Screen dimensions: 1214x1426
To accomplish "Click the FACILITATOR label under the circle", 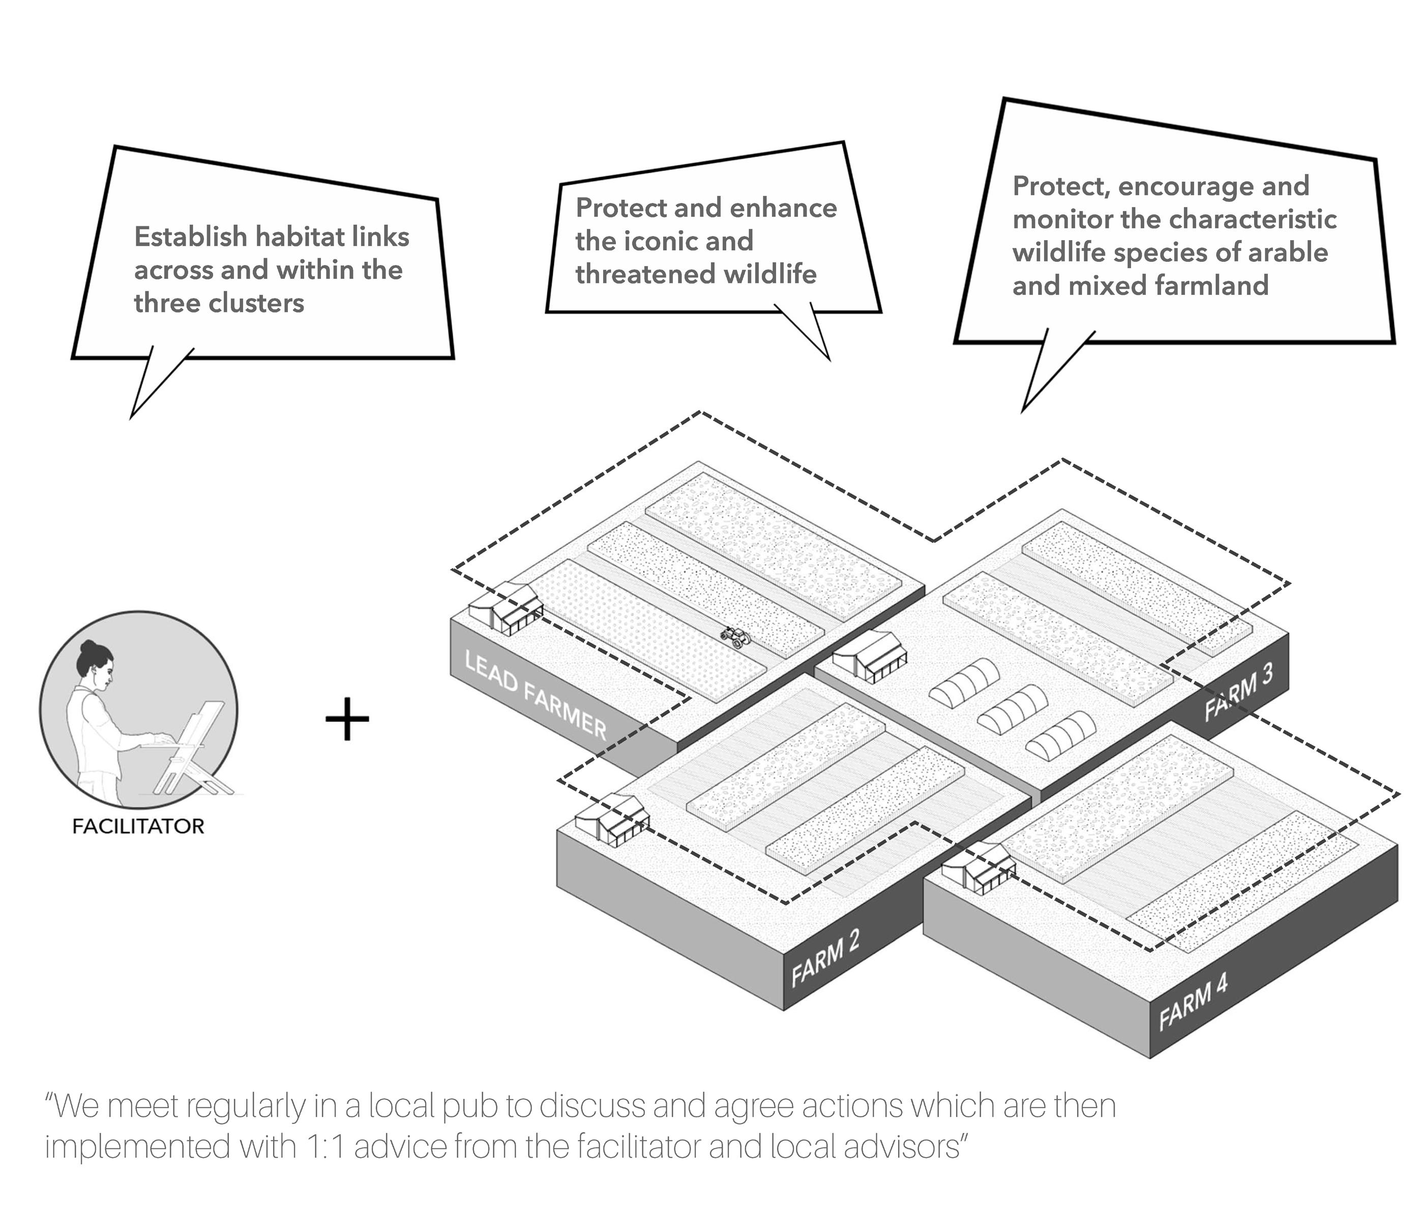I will (x=138, y=826).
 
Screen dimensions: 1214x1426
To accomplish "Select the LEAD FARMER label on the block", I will (x=536, y=695).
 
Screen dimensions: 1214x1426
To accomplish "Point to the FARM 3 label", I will (x=1238, y=693).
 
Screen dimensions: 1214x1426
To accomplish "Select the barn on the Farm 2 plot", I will (x=612, y=818).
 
